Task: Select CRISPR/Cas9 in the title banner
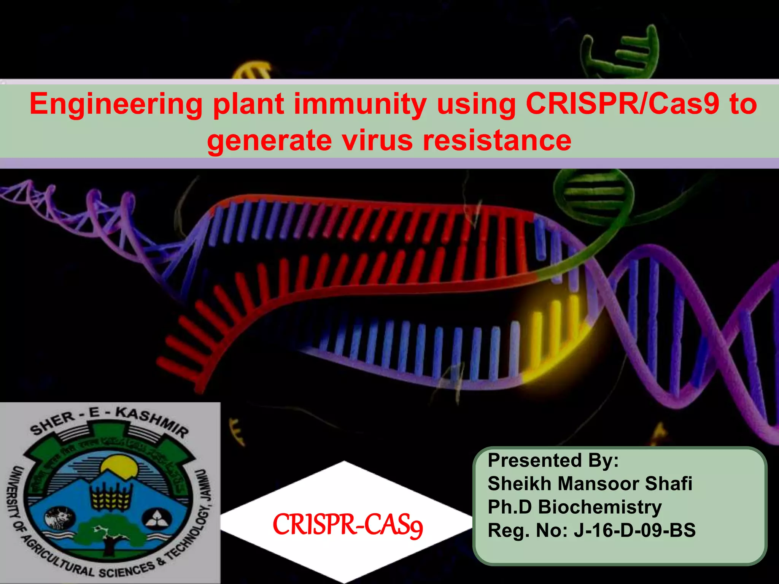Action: coord(622,103)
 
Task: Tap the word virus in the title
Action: coord(376,140)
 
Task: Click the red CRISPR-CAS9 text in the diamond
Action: coord(348,525)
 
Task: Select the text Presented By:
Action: coord(553,460)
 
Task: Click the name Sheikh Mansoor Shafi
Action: coord(590,484)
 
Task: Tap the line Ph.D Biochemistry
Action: coord(574,507)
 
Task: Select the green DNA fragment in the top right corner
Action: coord(624,53)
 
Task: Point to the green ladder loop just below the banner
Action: coord(593,194)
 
